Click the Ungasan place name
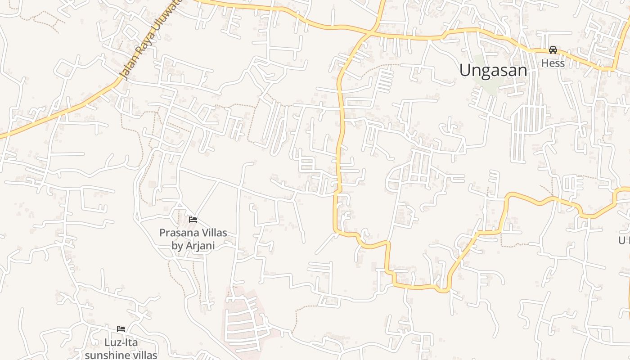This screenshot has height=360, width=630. point(493,70)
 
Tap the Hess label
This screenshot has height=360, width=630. point(553,63)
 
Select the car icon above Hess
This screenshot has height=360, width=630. point(553,50)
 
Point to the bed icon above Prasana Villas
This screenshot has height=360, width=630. point(193,220)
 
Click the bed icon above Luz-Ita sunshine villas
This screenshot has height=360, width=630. point(121,329)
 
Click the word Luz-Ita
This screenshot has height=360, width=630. point(121,342)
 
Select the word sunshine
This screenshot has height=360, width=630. point(106,355)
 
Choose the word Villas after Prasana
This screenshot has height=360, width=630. point(212,233)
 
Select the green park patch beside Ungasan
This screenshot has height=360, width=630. point(484,81)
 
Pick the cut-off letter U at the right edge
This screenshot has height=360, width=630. point(623,240)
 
